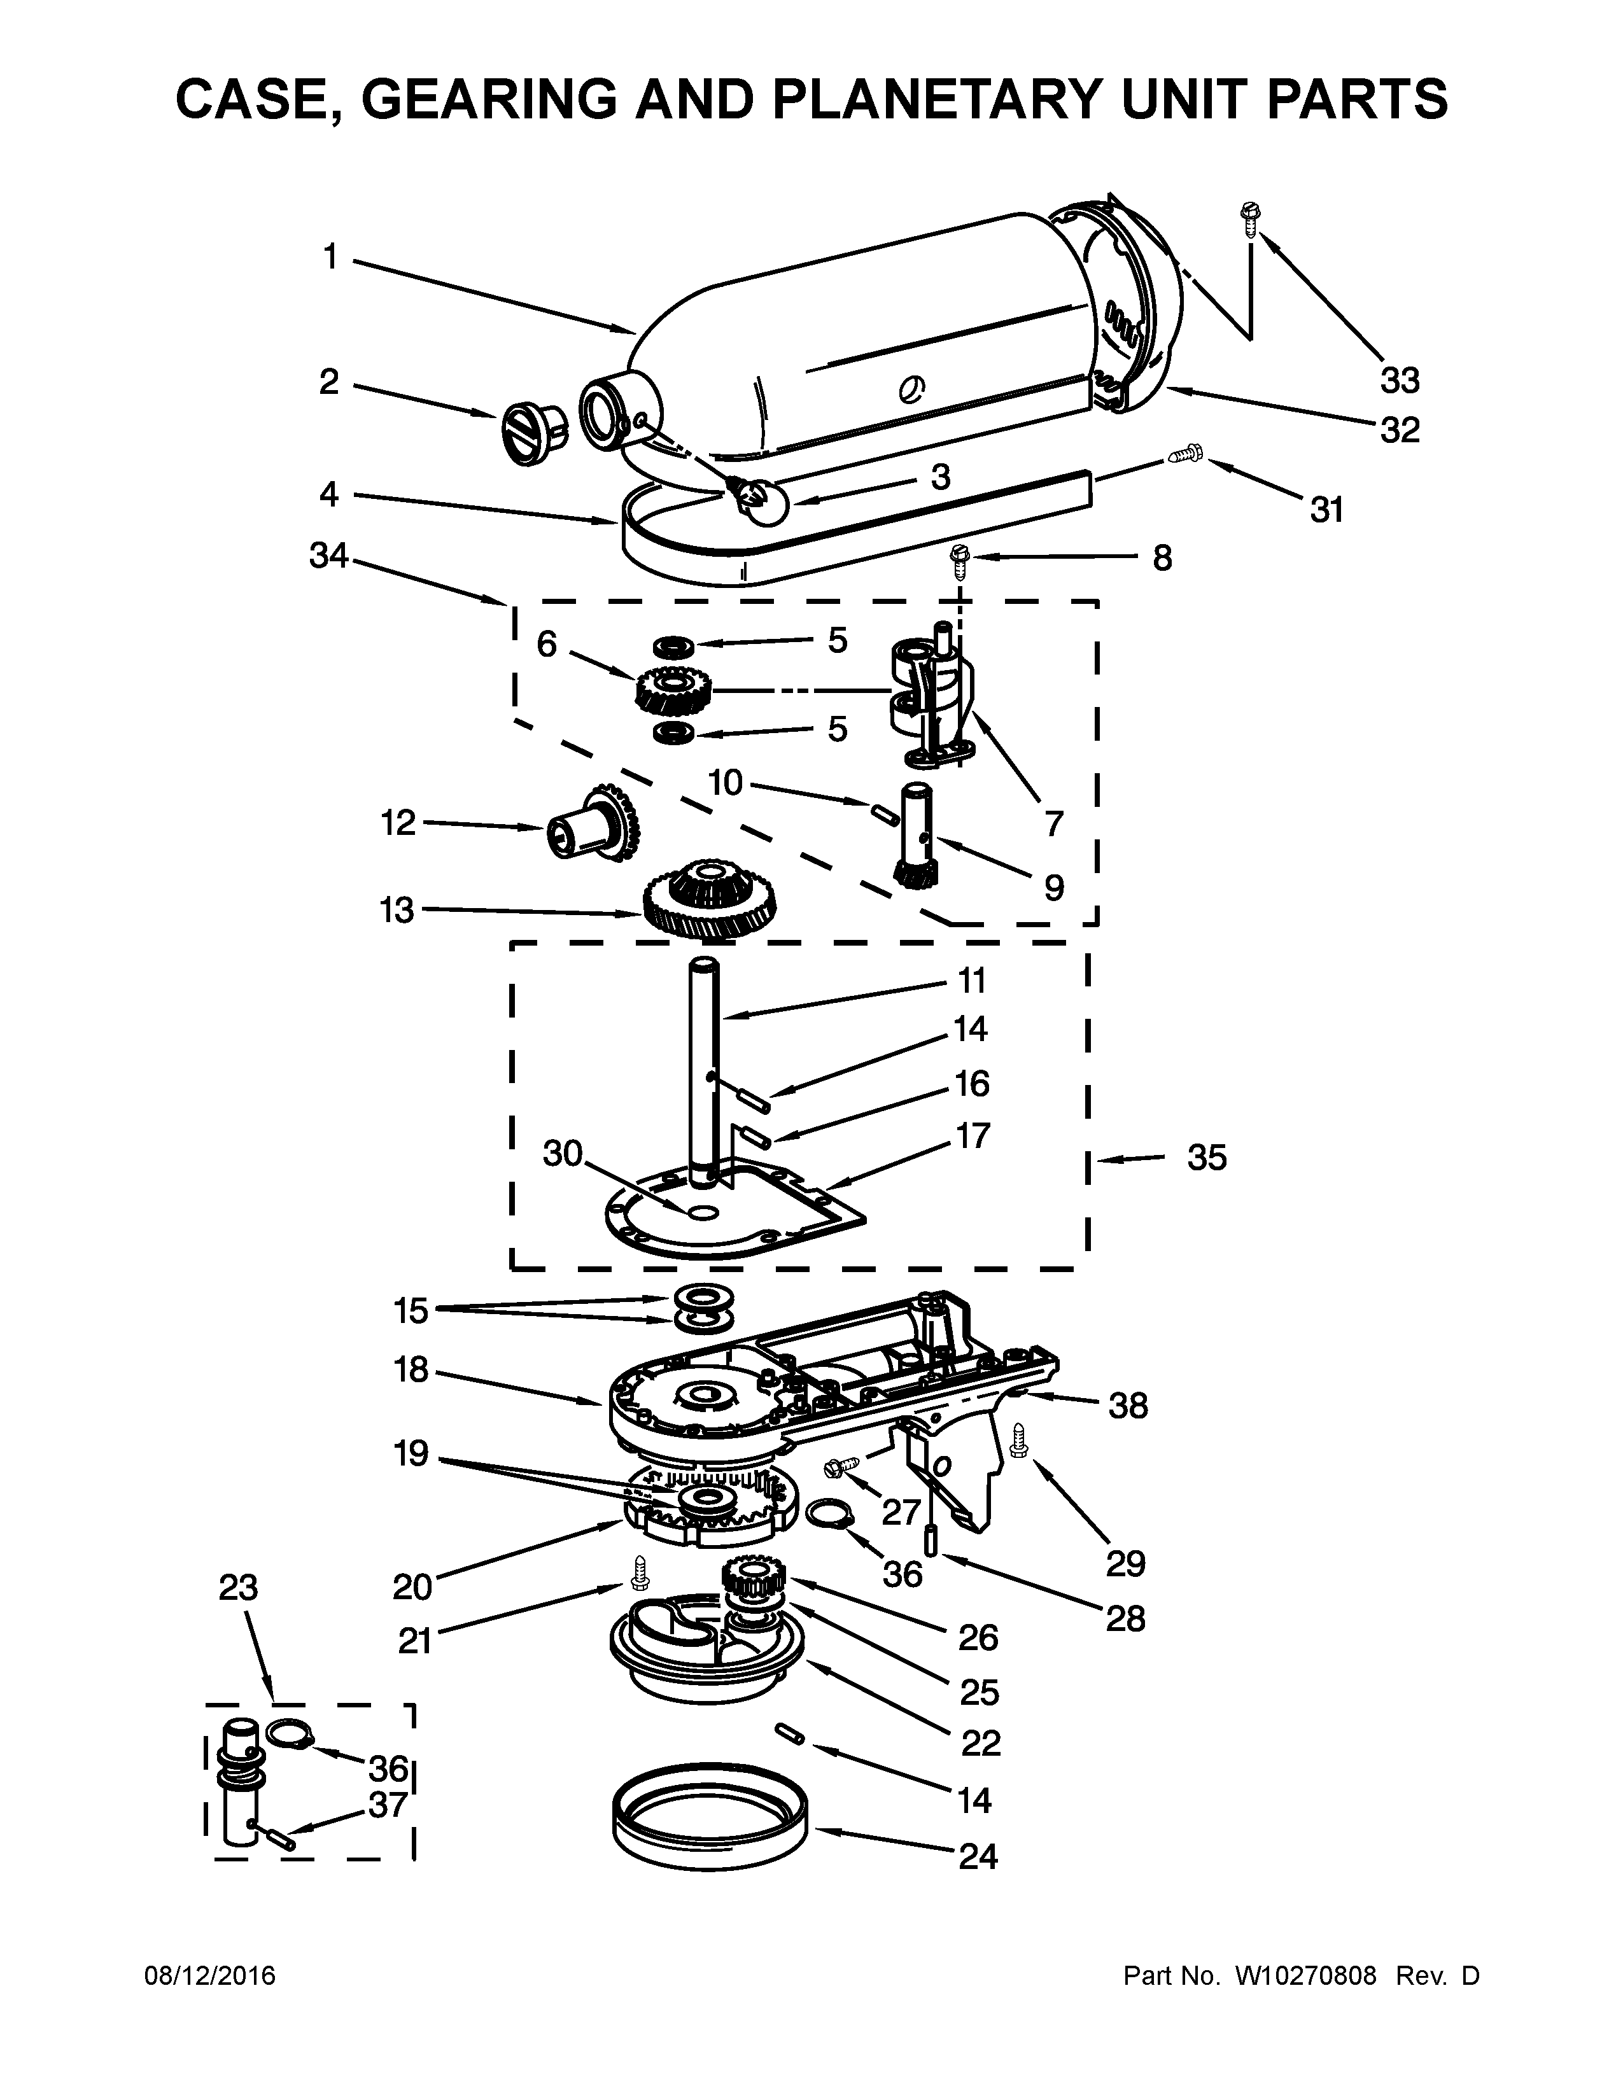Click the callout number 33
click(x=1399, y=381)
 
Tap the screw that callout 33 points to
click(x=1251, y=220)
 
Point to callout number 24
click(x=978, y=1856)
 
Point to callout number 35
click(x=1207, y=1158)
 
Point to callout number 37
click(x=388, y=1805)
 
